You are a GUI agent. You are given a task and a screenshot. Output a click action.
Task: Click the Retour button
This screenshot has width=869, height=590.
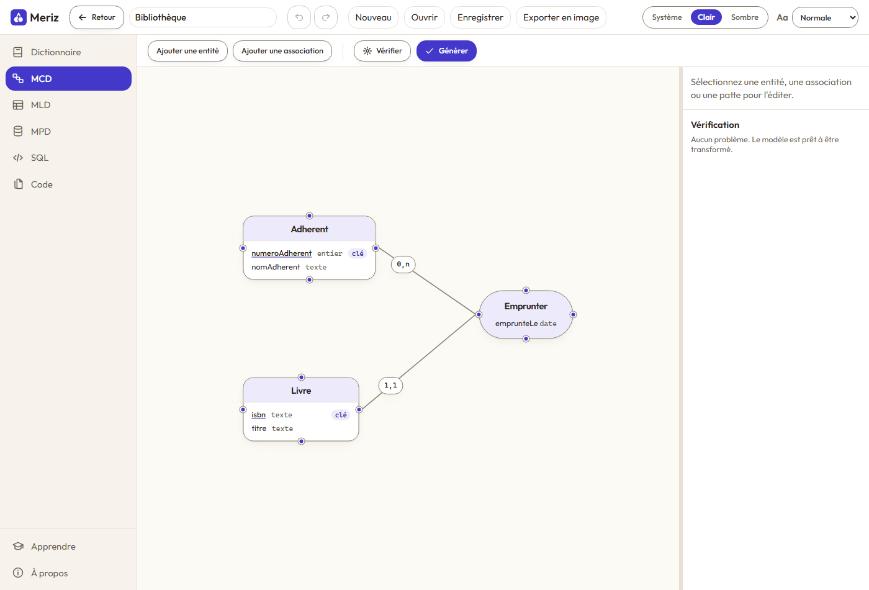point(97,17)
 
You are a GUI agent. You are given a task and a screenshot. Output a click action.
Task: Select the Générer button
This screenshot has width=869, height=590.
point(446,51)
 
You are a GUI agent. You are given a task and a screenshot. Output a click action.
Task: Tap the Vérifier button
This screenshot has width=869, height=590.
point(382,51)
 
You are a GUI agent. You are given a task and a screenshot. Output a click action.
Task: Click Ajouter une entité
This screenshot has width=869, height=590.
point(187,51)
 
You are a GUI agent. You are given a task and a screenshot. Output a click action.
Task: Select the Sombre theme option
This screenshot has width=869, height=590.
point(744,17)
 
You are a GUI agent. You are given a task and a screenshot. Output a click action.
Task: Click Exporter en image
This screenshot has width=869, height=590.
point(561,17)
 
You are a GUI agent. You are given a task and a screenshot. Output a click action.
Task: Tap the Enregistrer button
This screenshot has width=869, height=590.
point(480,17)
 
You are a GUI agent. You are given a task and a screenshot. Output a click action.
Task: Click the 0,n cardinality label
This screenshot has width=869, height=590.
point(403,265)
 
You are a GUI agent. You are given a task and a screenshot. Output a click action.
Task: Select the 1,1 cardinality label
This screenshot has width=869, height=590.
point(390,386)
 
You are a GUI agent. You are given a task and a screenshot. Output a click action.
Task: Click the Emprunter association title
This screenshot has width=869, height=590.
point(526,306)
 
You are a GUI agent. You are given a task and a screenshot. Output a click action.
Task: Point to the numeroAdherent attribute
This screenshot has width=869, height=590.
point(281,253)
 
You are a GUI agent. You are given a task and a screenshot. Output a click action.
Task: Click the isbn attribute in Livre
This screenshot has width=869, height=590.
point(258,415)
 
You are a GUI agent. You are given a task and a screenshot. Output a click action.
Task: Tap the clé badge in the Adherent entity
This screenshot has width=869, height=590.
point(358,253)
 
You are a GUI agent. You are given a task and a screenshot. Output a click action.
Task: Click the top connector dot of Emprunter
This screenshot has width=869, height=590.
point(526,291)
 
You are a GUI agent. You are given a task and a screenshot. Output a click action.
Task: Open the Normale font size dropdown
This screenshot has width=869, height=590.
point(825,17)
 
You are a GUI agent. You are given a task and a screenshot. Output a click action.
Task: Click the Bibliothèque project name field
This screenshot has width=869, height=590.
point(203,17)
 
